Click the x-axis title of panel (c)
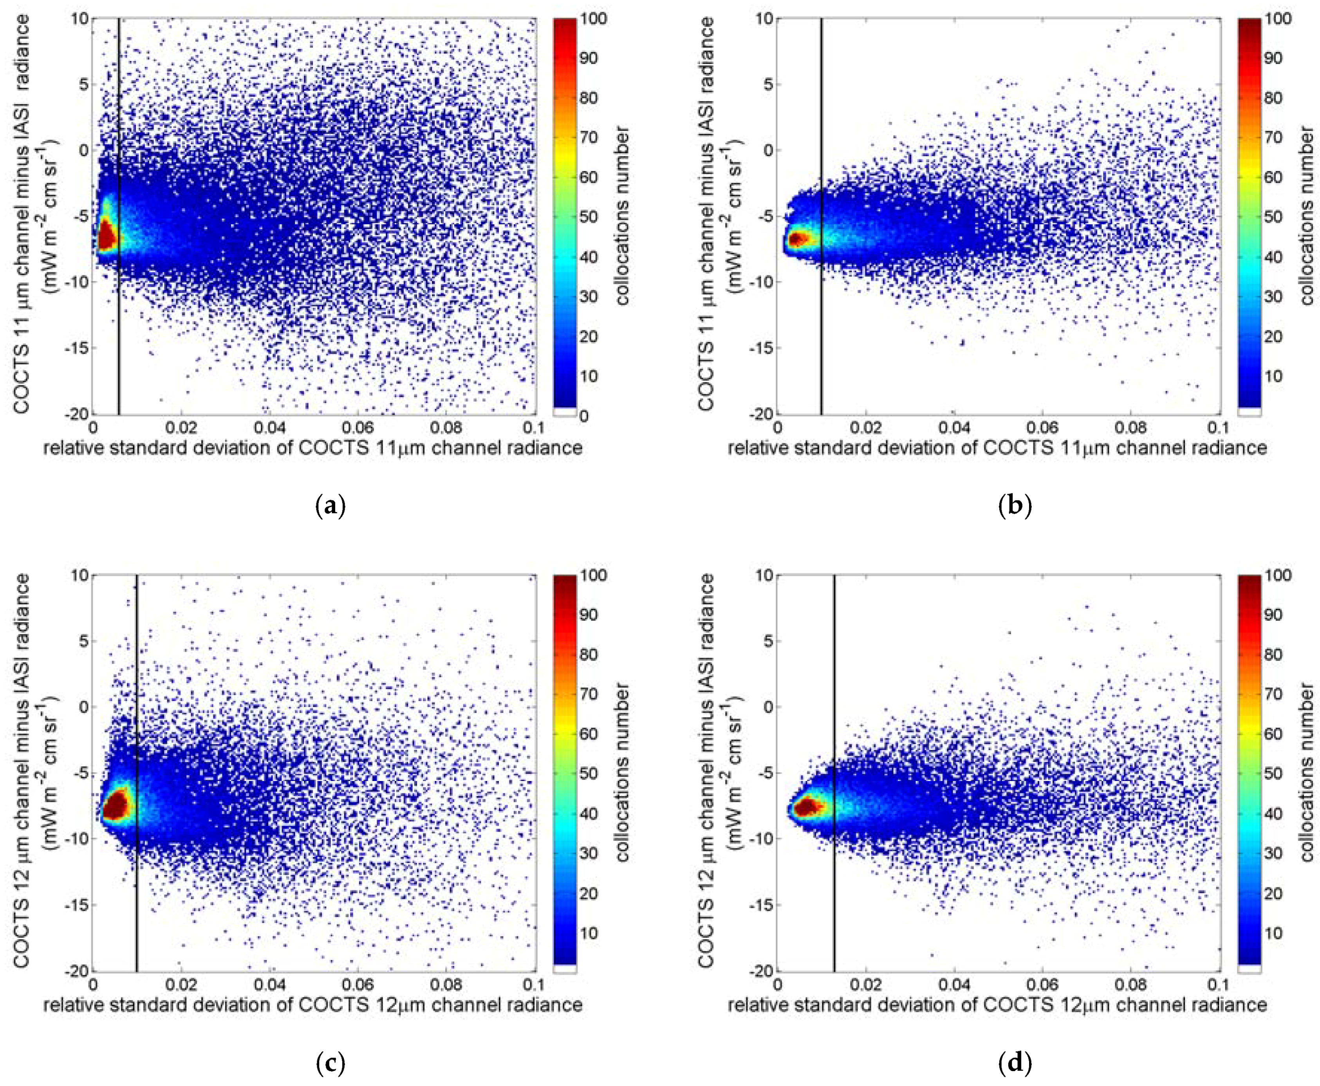click(x=313, y=1005)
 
